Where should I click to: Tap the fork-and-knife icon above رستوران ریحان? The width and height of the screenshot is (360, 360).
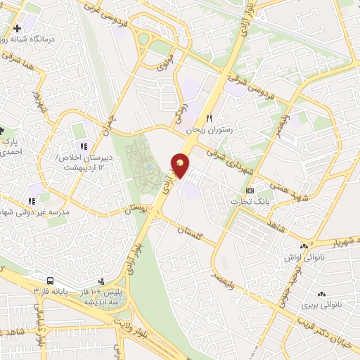208,118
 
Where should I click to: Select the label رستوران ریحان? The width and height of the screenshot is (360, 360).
208,131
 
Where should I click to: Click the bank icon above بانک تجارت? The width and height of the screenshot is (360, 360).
250,191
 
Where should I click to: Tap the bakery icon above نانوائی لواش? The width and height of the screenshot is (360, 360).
304,246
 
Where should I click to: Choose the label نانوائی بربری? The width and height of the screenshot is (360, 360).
321,306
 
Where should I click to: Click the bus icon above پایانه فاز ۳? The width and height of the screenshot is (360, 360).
52,278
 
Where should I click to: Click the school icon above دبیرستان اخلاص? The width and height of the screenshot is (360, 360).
83,146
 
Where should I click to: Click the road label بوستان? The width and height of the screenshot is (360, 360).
137,210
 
